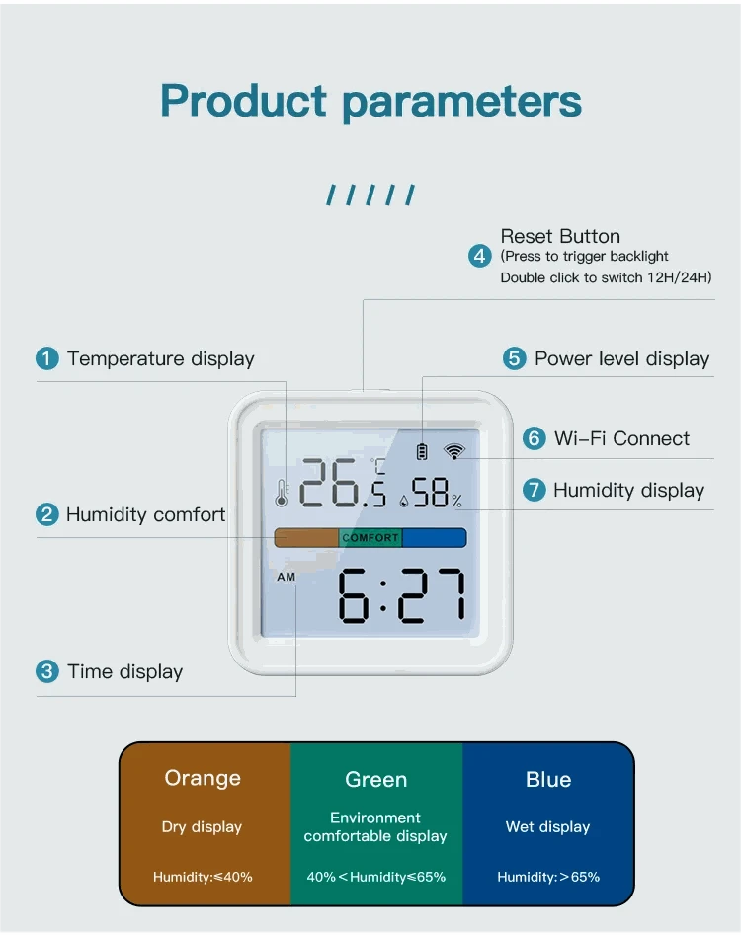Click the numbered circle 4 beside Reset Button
pyautogui.click(x=480, y=257)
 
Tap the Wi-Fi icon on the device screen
pyautogui.click(x=453, y=451)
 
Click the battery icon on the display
pyautogui.click(x=423, y=452)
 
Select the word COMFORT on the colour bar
pyautogui.click(x=370, y=538)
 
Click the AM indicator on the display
pyautogui.click(x=286, y=577)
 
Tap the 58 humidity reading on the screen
pyautogui.click(x=431, y=493)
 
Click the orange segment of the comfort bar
pyautogui.click(x=306, y=538)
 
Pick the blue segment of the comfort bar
pyautogui.click(x=435, y=538)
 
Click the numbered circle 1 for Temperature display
pyautogui.click(x=47, y=359)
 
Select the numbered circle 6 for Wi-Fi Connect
pyautogui.click(x=535, y=438)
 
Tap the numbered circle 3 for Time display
pyautogui.click(x=47, y=672)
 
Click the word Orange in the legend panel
pyautogui.click(x=203, y=778)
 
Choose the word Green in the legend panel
pyautogui.click(x=376, y=780)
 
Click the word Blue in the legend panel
pyautogui.click(x=548, y=779)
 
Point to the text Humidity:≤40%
pyautogui.click(x=203, y=877)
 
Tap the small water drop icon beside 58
pyautogui.click(x=403, y=501)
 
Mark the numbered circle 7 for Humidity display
pyautogui.click(x=535, y=490)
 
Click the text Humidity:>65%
pyautogui.click(x=548, y=877)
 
